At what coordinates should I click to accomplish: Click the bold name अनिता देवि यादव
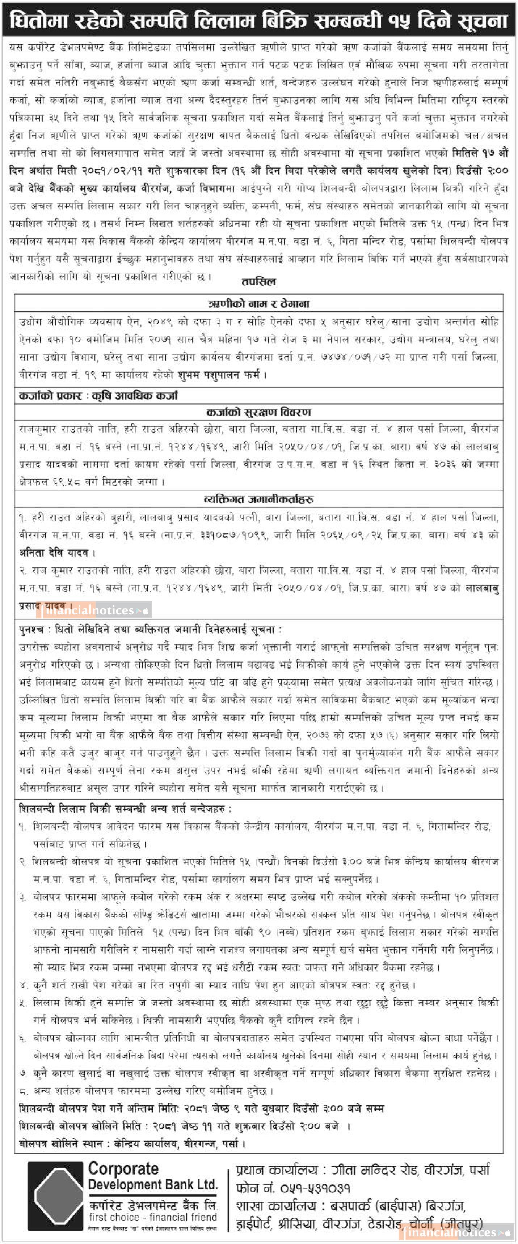[x=54, y=553]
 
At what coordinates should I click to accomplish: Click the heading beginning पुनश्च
[x=150, y=630]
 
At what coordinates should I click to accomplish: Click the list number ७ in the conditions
[x=23, y=1074]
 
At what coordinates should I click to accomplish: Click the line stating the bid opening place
[x=131, y=1143]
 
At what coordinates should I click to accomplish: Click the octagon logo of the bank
[x=55, y=1196]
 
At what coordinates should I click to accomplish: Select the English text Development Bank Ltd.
[x=153, y=1185]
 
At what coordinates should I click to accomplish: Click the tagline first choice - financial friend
[x=153, y=1217]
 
